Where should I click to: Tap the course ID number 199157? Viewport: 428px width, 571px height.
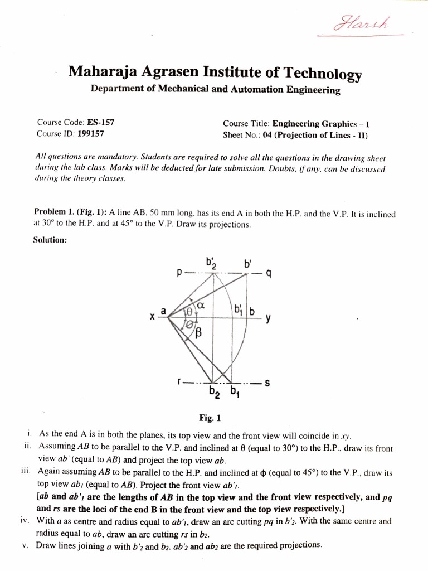[x=90, y=134]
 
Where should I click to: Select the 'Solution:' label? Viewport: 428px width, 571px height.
[x=51, y=239]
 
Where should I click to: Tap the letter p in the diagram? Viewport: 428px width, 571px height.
[x=179, y=274]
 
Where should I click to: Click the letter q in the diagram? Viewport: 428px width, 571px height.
[x=268, y=274]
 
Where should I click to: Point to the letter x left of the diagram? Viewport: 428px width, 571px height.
[x=151, y=317]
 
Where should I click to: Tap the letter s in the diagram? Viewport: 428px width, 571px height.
[x=267, y=383]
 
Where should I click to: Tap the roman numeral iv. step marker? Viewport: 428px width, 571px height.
[x=23, y=521]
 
